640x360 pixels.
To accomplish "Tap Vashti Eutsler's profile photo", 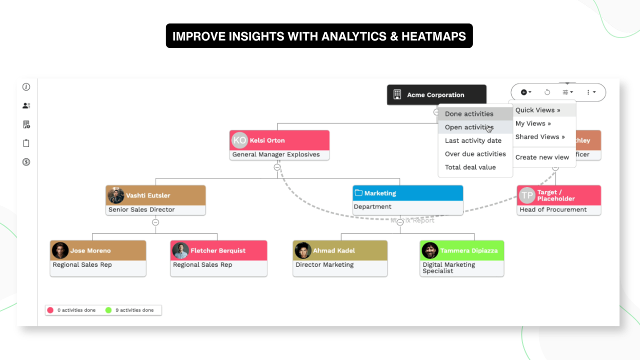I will [116, 195].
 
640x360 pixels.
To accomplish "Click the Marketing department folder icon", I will [358, 193].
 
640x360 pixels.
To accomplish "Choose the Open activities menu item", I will [468, 127].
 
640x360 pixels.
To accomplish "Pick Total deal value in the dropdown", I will [470, 167].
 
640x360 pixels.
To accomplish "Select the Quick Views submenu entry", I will [537, 110].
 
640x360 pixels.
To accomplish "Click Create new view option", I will [542, 157].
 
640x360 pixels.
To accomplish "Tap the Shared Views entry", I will [540, 136].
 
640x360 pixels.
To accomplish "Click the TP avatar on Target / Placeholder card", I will [527, 195].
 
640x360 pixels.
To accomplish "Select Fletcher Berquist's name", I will [218, 250].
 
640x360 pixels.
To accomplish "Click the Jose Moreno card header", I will [98, 250].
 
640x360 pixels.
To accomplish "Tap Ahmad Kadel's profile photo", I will [303, 250].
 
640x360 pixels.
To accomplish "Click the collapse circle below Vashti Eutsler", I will [155, 222].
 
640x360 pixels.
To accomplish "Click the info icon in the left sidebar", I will [26, 87].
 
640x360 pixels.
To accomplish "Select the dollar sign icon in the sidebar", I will [26, 162].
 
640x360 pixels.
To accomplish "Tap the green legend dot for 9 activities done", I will [108, 310].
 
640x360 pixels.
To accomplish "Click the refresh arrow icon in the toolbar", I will [547, 92].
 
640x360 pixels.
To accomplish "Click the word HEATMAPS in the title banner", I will [433, 36].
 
